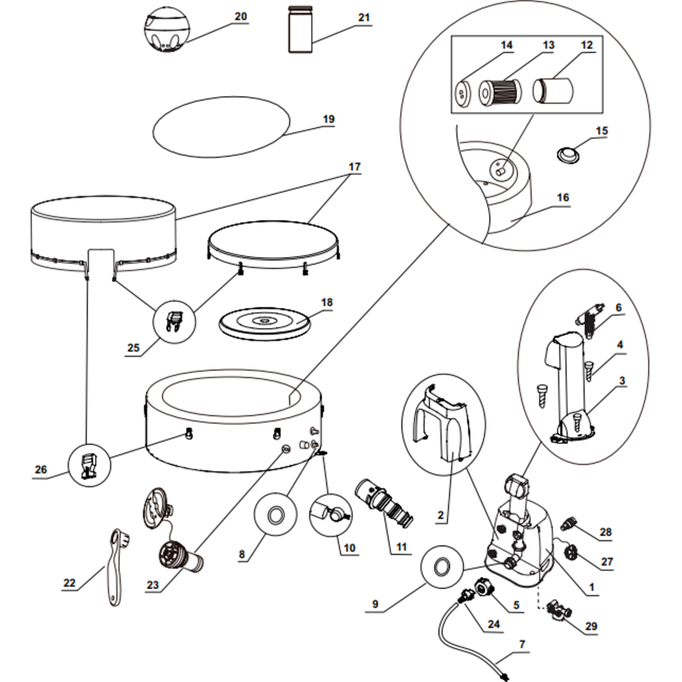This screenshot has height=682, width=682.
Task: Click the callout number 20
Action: click(x=240, y=17)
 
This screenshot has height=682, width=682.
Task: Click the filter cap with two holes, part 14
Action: click(x=463, y=93)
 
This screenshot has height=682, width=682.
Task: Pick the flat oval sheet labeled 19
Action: click(x=222, y=127)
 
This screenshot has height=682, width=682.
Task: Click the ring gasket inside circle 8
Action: click(x=275, y=515)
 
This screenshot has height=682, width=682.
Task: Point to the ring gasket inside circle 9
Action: click(x=440, y=567)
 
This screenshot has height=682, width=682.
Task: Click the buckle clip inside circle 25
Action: click(x=175, y=323)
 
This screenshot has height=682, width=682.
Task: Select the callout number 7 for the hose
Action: click(x=523, y=643)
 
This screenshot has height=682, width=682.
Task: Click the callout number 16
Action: click(x=563, y=197)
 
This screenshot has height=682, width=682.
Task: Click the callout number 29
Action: click(x=591, y=626)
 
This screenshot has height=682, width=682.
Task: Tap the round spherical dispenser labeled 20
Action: click(x=166, y=30)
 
